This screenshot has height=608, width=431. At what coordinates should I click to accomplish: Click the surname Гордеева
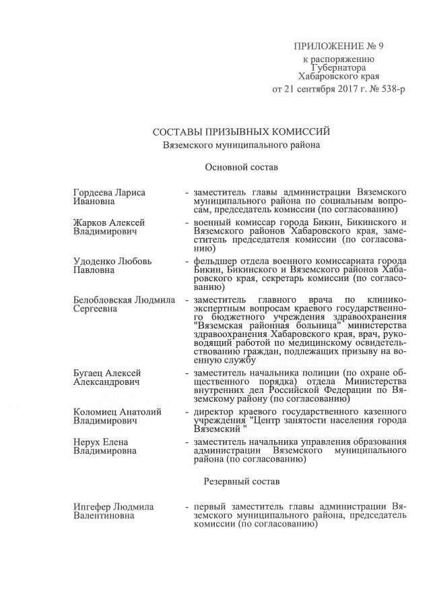(94, 192)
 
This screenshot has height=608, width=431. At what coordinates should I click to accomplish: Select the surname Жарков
(89, 222)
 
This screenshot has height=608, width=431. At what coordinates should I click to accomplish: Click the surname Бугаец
(88, 373)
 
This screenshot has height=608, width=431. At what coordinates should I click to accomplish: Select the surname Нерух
(86, 442)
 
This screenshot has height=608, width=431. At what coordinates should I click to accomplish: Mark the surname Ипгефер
(92, 506)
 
